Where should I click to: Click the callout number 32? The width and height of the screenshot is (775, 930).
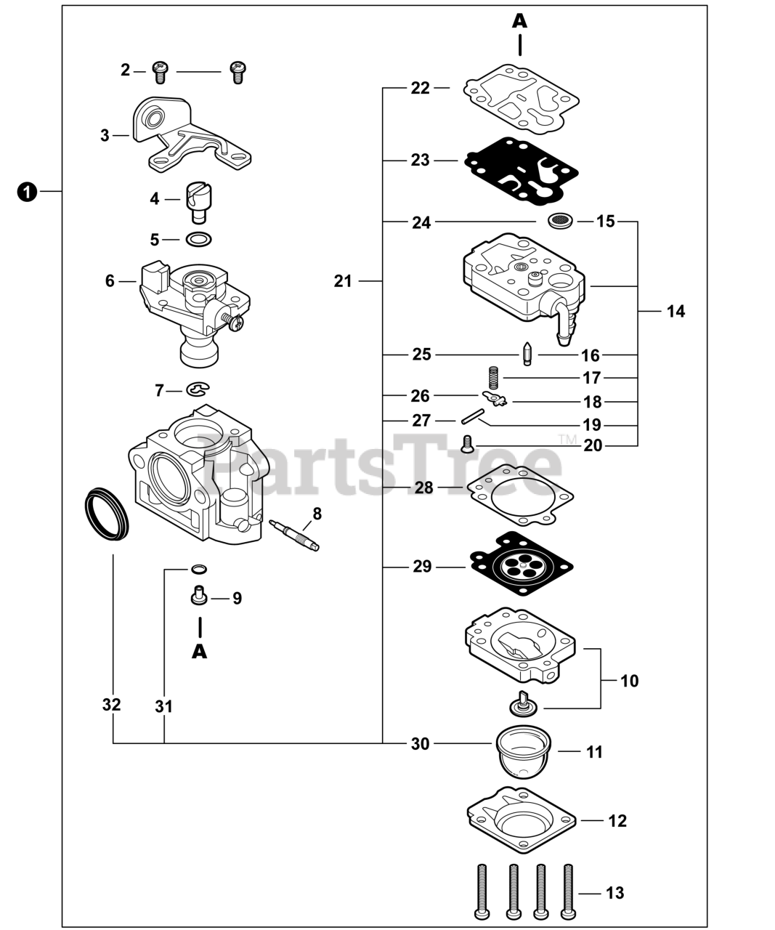111,705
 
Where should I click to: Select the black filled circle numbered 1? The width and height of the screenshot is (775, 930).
26,192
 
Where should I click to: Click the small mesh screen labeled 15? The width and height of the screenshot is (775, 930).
560,220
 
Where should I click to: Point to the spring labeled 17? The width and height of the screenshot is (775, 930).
493,378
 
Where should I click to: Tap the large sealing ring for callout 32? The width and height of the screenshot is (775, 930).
107,514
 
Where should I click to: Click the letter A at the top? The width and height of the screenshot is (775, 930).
519,21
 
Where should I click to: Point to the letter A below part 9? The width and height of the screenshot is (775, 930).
200,651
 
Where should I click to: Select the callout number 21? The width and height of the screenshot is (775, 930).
343,280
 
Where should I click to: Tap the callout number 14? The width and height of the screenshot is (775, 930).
675,311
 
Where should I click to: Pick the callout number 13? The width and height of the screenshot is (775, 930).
614,892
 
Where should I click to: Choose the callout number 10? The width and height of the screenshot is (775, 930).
629,681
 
